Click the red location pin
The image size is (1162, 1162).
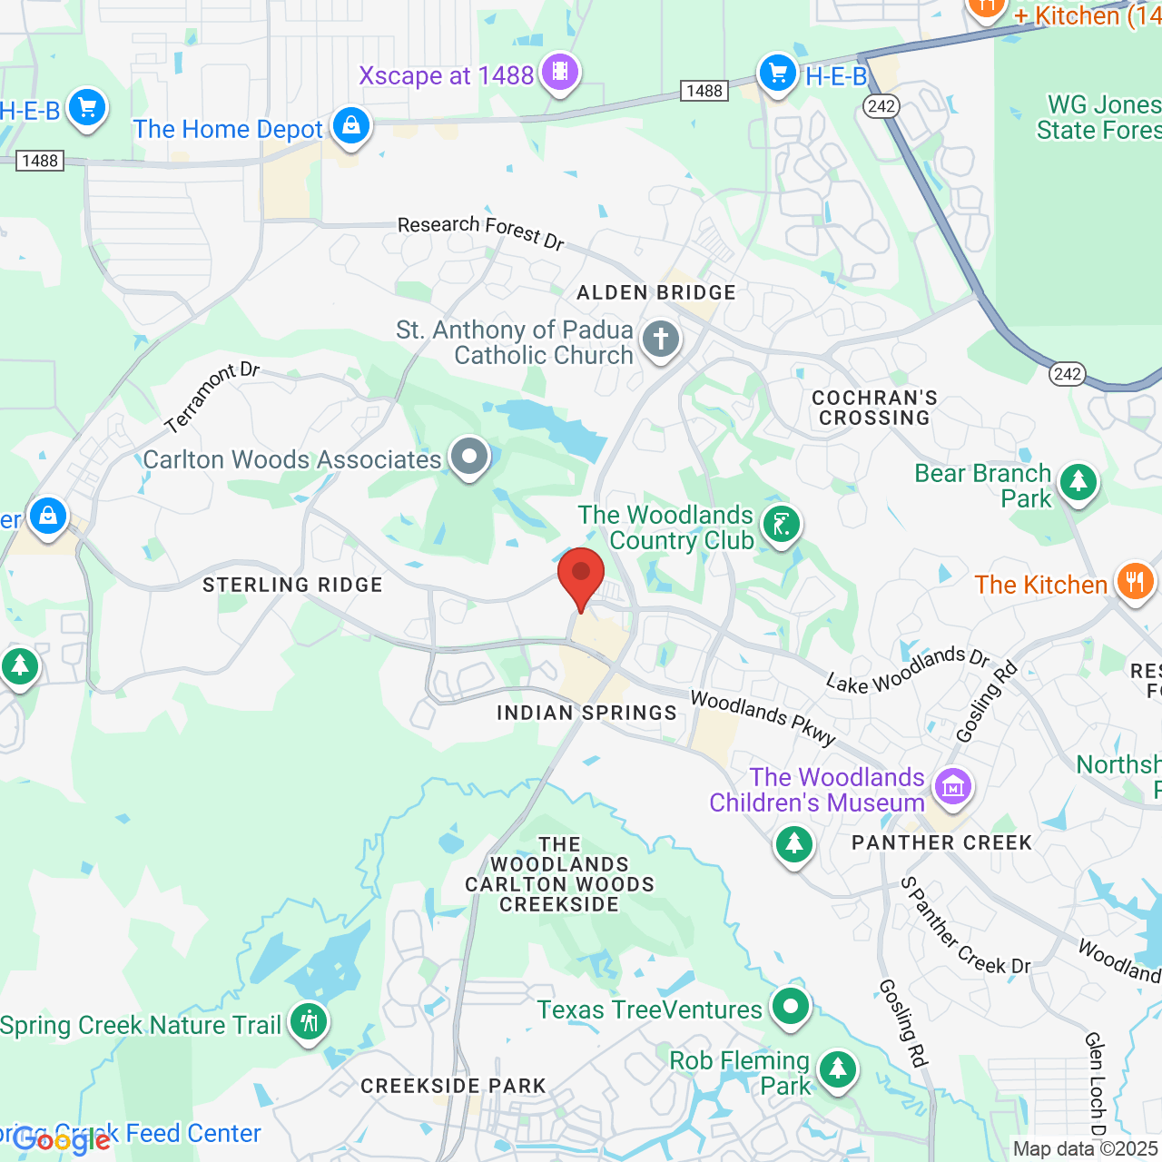581,577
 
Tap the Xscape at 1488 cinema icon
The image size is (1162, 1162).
560,72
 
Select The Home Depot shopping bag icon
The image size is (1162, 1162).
350,125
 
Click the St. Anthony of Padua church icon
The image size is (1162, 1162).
661,340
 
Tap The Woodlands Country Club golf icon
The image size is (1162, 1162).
781,524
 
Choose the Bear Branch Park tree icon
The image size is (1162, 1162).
1078,481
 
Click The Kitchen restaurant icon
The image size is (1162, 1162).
1135,581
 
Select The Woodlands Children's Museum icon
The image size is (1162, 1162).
952,786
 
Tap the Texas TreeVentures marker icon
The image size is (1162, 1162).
791,1006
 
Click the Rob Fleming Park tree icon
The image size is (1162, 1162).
837,1069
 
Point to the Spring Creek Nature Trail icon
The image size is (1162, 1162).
309,1021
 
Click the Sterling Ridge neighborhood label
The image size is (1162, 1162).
292,586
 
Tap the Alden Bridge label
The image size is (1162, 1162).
656,292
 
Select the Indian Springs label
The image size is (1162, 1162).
586,714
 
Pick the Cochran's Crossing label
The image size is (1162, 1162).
874,408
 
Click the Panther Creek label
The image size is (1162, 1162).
941,843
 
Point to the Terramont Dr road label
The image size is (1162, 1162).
212,397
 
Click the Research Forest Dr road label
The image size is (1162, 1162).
481,231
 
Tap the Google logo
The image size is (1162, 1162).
62,1140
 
